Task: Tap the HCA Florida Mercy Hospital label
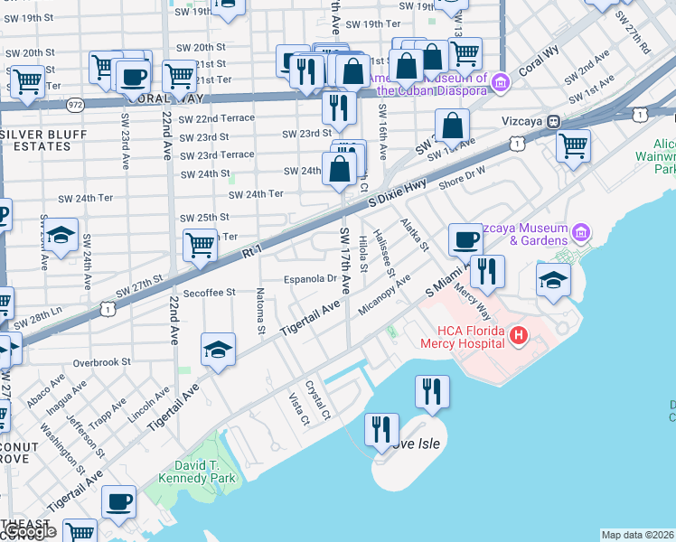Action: click(465, 337)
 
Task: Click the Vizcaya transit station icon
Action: click(551, 120)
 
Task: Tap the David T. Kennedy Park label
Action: click(196, 471)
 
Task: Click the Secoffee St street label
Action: click(207, 293)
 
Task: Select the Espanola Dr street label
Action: click(310, 278)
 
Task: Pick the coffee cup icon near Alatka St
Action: click(465, 240)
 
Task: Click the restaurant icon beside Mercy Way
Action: click(487, 272)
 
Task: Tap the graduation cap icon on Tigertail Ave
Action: click(218, 351)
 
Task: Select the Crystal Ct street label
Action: click(318, 398)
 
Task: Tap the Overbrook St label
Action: click(102, 362)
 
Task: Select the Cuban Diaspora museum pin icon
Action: click(501, 84)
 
